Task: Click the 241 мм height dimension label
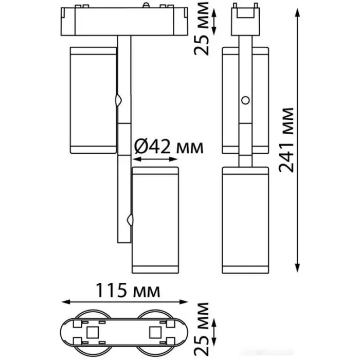point(286,140)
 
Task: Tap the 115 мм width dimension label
point(128,290)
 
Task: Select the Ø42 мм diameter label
point(169,147)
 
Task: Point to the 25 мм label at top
point(202,29)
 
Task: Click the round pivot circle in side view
point(245,100)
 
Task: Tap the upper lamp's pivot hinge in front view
point(118,100)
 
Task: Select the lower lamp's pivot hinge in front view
point(130,220)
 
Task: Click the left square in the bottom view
point(92,332)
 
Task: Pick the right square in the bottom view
point(155,332)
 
